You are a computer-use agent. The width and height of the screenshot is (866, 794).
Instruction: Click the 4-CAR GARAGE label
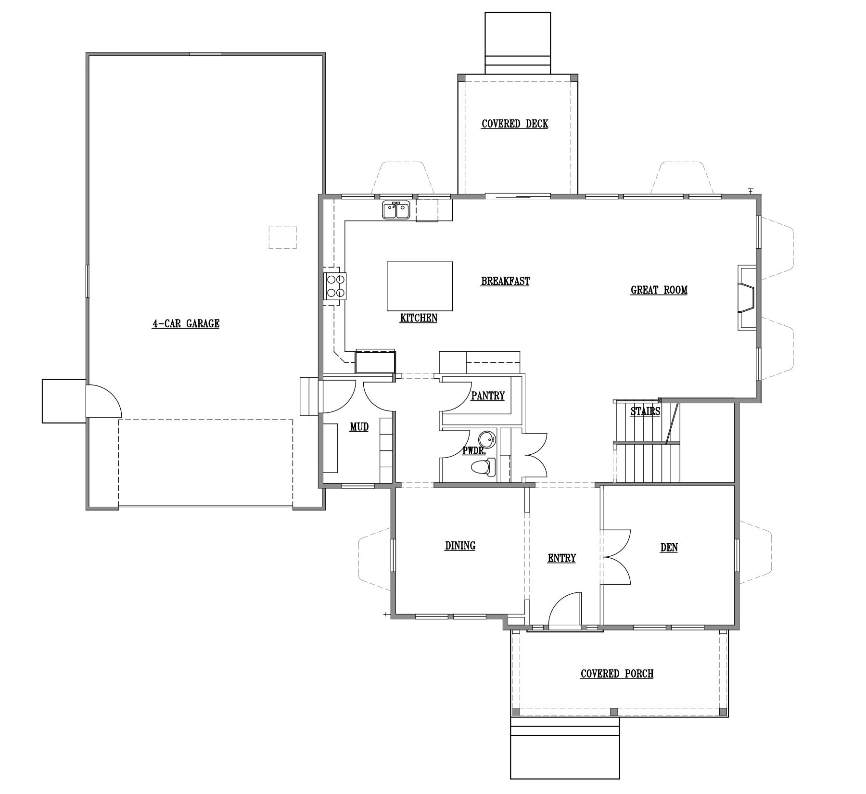click(x=186, y=323)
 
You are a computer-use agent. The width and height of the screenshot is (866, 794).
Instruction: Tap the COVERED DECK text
click(x=515, y=124)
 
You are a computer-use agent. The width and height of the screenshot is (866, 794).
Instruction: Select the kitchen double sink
click(x=396, y=210)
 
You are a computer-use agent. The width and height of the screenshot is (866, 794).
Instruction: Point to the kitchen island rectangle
click(x=420, y=286)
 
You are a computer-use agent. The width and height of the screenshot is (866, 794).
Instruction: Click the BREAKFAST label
click(x=505, y=281)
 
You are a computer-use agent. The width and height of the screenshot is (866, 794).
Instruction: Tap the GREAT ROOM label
click(x=659, y=290)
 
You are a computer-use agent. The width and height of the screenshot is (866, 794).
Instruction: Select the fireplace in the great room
click(x=747, y=297)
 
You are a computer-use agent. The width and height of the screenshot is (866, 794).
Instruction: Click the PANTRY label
click(x=488, y=396)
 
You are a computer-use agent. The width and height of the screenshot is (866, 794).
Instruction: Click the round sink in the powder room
click(x=487, y=439)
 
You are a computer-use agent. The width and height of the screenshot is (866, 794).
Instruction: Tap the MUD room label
click(x=359, y=426)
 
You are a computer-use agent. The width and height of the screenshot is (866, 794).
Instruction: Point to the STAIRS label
click(x=645, y=411)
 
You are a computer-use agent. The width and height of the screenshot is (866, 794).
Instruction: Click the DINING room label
click(x=460, y=545)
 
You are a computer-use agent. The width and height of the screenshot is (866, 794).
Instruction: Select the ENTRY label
click(x=561, y=558)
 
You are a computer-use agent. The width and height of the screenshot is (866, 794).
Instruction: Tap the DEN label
click(x=669, y=548)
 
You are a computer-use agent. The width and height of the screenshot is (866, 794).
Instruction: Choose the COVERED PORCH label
click(x=617, y=674)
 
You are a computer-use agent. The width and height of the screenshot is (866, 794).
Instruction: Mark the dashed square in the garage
click(x=282, y=238)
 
